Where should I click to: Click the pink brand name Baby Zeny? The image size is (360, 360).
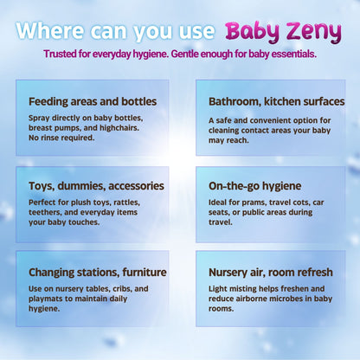pos(283,31)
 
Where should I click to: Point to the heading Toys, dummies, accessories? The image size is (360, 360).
pos(96,185)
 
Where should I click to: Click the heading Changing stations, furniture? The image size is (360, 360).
pos(98,272)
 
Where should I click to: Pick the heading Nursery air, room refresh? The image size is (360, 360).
pos(271,272)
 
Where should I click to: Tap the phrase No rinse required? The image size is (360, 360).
pos(65,137)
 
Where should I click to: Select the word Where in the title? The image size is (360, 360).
pos(50,31)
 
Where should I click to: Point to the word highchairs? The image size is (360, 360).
pos(131,126)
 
